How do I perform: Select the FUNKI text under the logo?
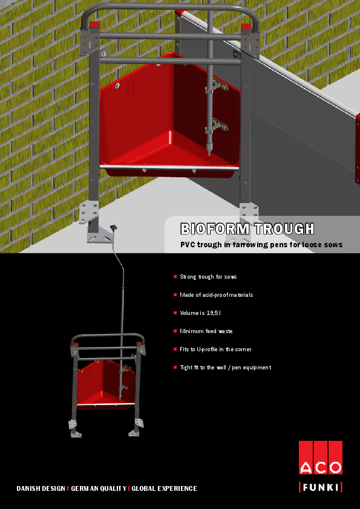[320, 487]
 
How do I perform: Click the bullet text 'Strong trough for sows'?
[208, 277]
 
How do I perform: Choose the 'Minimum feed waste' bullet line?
[206, 331]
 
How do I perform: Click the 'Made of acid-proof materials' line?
[217, 295]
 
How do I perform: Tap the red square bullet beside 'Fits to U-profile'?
[175, 349]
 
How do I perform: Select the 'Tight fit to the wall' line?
[226, 368]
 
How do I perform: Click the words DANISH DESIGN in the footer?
[41, 488]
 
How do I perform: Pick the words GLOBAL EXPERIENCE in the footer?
[164, 488]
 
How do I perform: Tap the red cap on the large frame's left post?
[94, 25]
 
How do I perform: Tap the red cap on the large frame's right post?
[246, 27]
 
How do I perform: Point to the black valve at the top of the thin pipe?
[113, 228]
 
